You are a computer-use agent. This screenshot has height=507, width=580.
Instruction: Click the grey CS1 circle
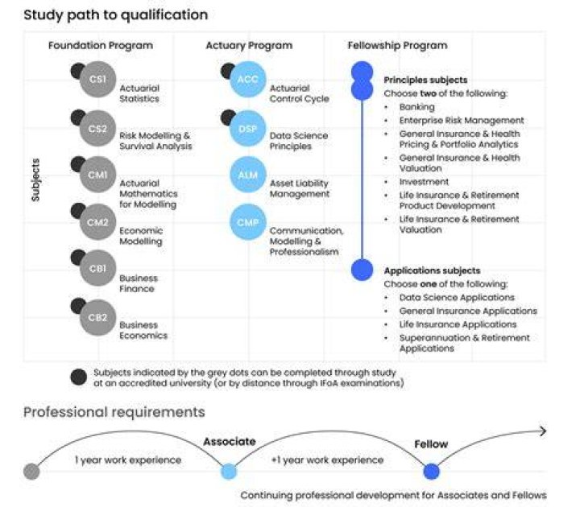click(98, 79)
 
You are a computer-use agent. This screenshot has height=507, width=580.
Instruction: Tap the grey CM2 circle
click(98, 222)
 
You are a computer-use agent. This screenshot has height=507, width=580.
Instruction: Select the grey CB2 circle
click(98, 317)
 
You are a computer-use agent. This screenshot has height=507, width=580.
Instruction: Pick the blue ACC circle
click(248, 79)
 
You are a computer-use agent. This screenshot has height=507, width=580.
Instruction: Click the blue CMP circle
click(248, 222)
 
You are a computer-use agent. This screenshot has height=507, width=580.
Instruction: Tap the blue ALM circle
click(248, 175)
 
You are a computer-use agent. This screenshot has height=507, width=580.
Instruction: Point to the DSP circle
click(248, 128)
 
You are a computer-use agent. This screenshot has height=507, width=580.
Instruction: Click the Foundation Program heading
click(101, 45)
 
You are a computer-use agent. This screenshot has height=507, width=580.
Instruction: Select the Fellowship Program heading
click(397, 45)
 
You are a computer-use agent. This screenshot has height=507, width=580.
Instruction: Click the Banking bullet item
click(417, 107)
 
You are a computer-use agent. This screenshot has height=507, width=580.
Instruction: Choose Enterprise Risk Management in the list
click(462, 121)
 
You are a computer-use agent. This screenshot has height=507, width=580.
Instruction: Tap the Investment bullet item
click(424, 181)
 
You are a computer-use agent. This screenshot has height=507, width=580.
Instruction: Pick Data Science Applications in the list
click(457, 298)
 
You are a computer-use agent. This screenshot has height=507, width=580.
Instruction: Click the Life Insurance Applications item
click(458, 324)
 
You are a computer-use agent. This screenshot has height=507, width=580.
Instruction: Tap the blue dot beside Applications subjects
click(362, 270)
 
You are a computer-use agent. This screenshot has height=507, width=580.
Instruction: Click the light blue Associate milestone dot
click(229, 472)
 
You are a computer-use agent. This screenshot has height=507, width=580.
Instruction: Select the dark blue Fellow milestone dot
click(431, 472)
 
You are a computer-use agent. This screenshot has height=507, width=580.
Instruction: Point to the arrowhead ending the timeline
click(543, 431)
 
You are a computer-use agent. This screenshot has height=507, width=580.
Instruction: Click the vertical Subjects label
click(35, 180)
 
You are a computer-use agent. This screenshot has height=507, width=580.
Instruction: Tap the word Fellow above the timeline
click(431, 443)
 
